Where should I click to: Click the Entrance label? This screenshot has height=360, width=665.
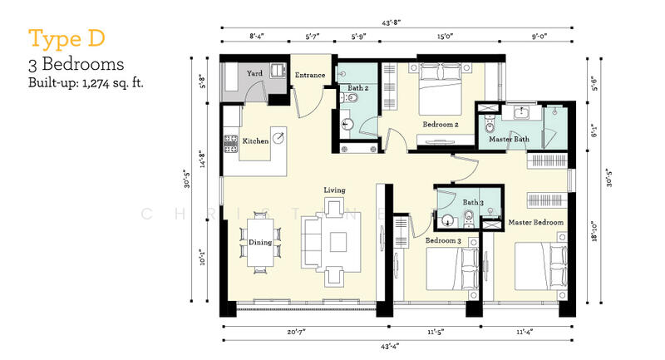[309, 76]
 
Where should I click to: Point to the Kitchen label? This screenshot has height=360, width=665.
[255, 141]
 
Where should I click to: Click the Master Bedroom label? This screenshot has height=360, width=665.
[536, 222]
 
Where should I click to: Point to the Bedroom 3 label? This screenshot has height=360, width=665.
[443, 240]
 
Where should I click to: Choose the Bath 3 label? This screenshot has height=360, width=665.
[472, 202]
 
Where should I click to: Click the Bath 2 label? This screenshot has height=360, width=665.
[358, 86]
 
